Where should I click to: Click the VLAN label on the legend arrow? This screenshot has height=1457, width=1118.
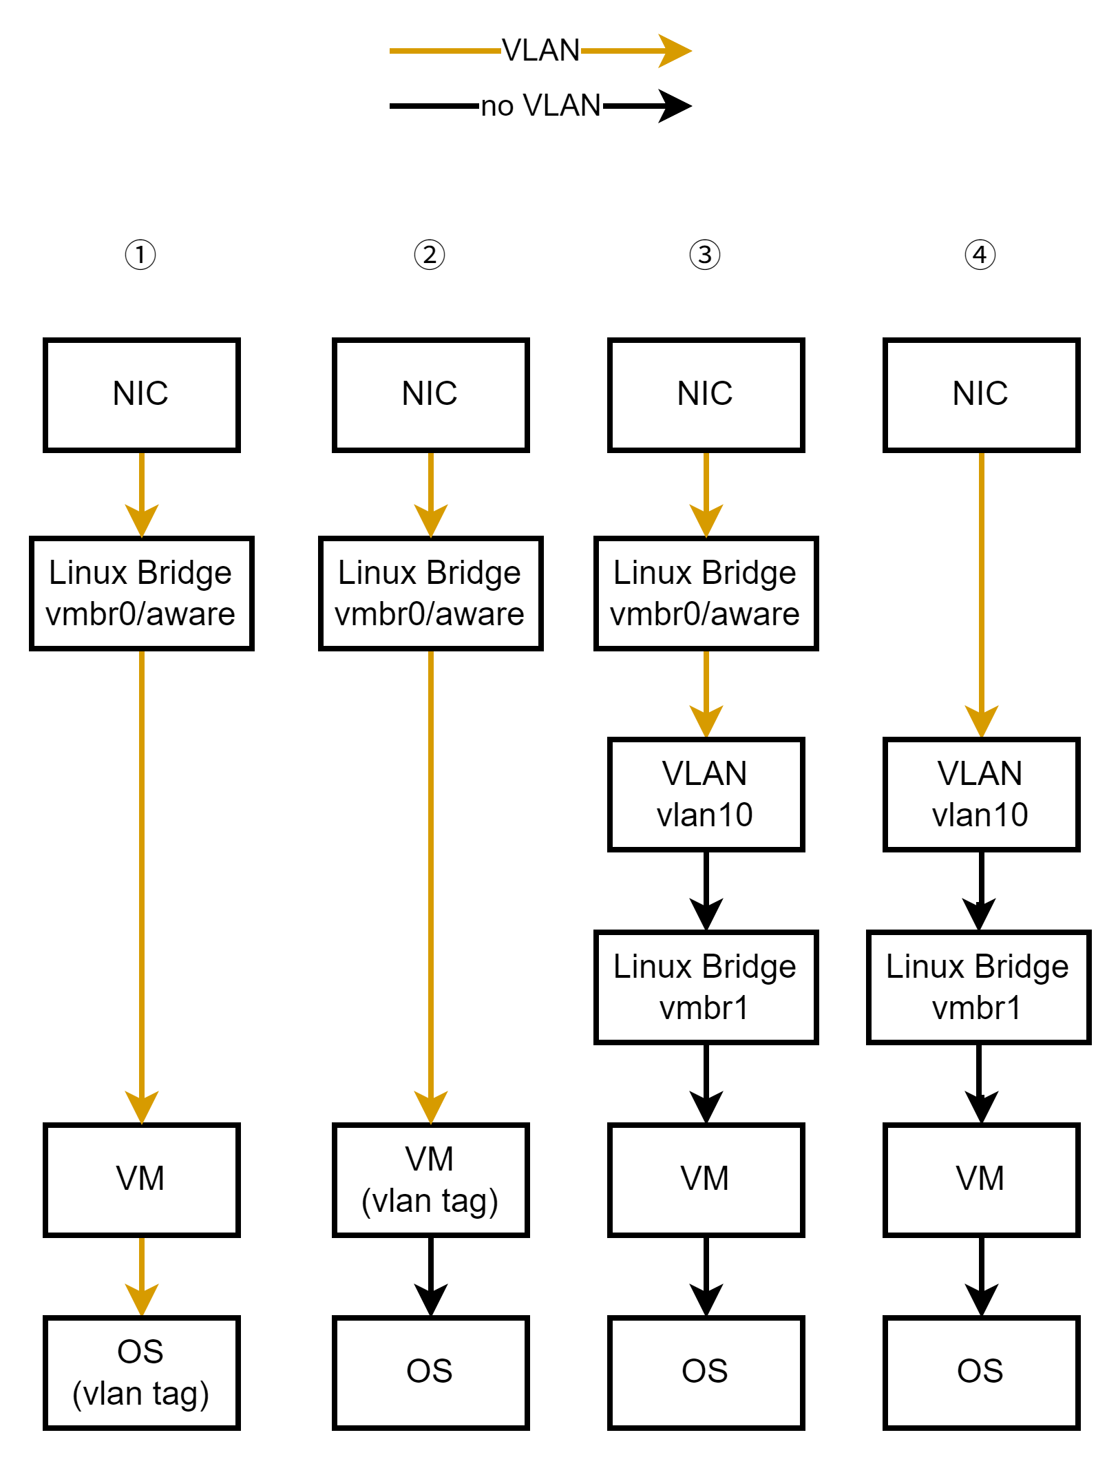(x=540, y=50)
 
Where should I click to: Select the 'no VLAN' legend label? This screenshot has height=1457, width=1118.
(x=540, y=105)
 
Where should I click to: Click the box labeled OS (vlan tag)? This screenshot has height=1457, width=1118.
(x=141, y=1372)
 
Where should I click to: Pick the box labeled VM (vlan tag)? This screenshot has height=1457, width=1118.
(x=430, y=1180)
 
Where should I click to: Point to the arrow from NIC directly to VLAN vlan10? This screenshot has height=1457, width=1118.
(x=981, y=592)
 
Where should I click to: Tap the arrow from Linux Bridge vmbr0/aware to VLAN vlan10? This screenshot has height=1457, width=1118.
(x=706, y=692)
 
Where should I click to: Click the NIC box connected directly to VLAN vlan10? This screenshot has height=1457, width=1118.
(x=981, y=395)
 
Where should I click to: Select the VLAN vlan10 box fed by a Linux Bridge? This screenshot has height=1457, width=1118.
(x=706, y=794)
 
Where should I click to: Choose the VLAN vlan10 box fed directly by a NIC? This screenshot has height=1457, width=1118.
(x=981, y=794)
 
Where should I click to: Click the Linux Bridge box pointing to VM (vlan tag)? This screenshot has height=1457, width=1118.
(x=430, y=593)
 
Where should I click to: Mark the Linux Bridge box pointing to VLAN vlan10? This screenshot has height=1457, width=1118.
(x=706, y=593)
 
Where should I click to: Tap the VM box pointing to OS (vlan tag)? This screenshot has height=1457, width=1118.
(x=141, y=1180)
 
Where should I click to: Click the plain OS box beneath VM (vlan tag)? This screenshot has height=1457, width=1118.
(x=430, y=1372)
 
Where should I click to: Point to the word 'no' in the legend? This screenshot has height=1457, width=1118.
(x=496, y=106)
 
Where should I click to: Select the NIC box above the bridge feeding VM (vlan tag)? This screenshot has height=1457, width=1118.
(x=430, y=395)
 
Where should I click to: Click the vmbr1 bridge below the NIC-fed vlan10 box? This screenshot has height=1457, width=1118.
(x=978, y=987)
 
